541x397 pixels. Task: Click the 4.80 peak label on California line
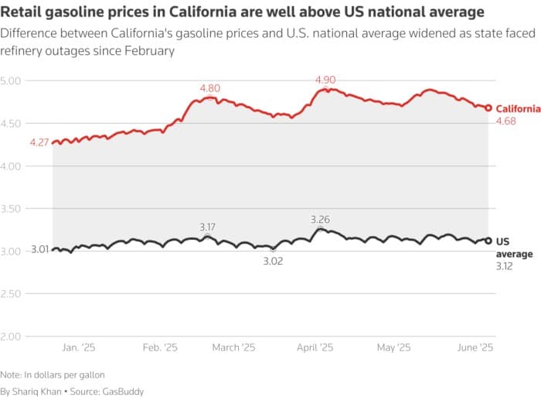tap(209, 88)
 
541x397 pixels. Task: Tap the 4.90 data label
tap(325, 80)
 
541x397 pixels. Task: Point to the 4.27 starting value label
tap(39, 142)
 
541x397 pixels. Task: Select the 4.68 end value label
tap(505, 121)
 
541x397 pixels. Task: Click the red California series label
tap(518, 109)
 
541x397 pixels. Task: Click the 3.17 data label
tap(207, 227)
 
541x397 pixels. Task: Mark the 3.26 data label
tap(320, 220)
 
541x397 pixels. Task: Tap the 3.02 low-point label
tap(273, 262)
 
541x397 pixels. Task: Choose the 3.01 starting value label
tap(39, 249)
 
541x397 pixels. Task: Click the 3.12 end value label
tap(504, 266)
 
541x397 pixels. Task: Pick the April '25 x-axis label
tap(315, 348)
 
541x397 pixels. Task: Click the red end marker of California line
tap(488, 108)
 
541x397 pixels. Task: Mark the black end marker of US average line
tap(488, 241)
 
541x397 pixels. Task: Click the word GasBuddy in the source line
tap(125, 392)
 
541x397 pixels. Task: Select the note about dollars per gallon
tap(53, 375)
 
